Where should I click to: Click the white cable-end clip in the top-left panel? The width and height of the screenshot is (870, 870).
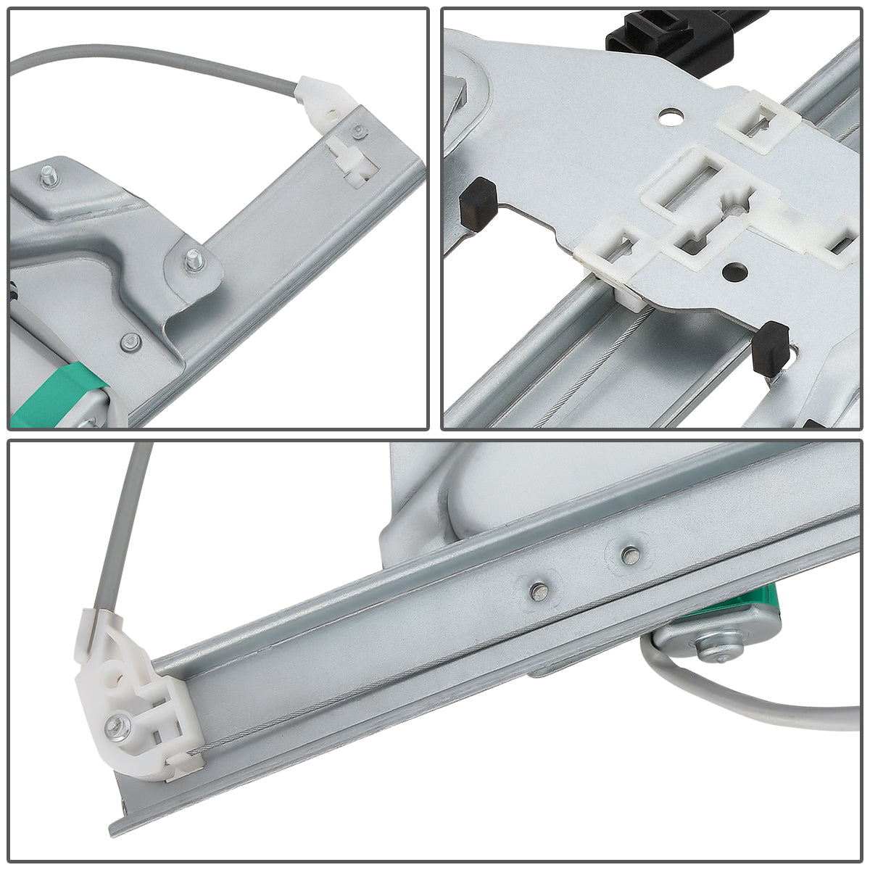[x=323, y=101]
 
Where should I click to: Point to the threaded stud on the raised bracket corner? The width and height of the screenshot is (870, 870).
[x=49, y=177]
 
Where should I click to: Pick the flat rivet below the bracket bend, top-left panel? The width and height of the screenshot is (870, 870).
[x=130, y=341]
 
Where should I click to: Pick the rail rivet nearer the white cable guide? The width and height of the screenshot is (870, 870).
[x=539, y=591]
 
